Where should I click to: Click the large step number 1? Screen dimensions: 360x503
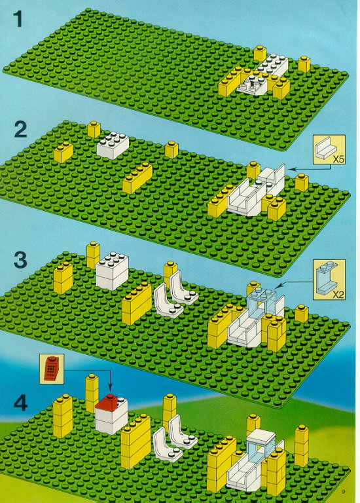click(x=18, y=19)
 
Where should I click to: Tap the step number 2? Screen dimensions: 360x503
click(x=20, y=129)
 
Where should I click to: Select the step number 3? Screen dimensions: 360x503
click(x=20, y=259)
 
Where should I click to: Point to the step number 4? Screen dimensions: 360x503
click(x=20, y=403)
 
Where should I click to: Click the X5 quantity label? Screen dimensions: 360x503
click(x=338, y=158)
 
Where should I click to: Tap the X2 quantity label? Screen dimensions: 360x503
click(x=338, y=294)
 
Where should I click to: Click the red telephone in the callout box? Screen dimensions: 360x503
click(x=51, y=368)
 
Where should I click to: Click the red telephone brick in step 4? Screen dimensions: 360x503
click(x=107, y=403)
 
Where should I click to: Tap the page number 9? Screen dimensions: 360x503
click(x=343, y=492)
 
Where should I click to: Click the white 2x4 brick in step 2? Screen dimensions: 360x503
click(x=113, y=145)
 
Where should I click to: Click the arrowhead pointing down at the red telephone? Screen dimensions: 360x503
click(x=110, y=391)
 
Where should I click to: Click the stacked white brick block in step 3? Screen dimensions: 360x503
click(x=112, y=270)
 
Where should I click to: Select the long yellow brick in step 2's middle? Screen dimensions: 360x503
click(x=137, y=178)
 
